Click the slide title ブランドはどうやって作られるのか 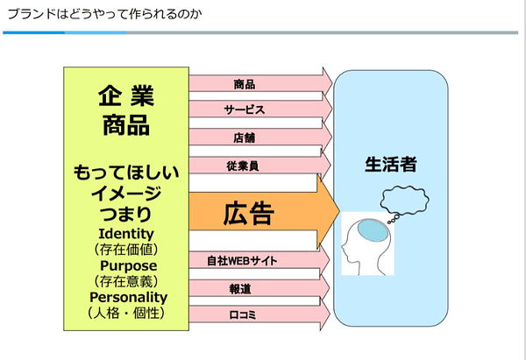104,14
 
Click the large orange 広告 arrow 265,211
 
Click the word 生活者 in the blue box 391,165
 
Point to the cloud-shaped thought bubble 404,200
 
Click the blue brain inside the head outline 373,230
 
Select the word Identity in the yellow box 126,234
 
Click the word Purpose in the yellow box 129,265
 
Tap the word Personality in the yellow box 129,297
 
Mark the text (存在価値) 126,250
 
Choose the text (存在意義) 126,281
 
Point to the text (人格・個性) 126,313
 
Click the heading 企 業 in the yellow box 126,95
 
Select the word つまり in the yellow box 125,214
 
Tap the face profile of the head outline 346,249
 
